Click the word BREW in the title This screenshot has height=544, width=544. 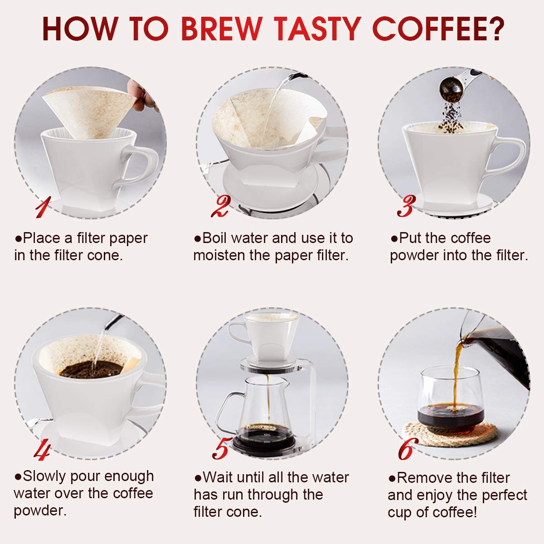point(222,29)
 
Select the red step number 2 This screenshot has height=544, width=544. point(221,206)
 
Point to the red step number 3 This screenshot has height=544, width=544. point(406,206)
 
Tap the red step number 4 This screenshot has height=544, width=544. point(42,449)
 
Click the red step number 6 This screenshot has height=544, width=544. point(407,449)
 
